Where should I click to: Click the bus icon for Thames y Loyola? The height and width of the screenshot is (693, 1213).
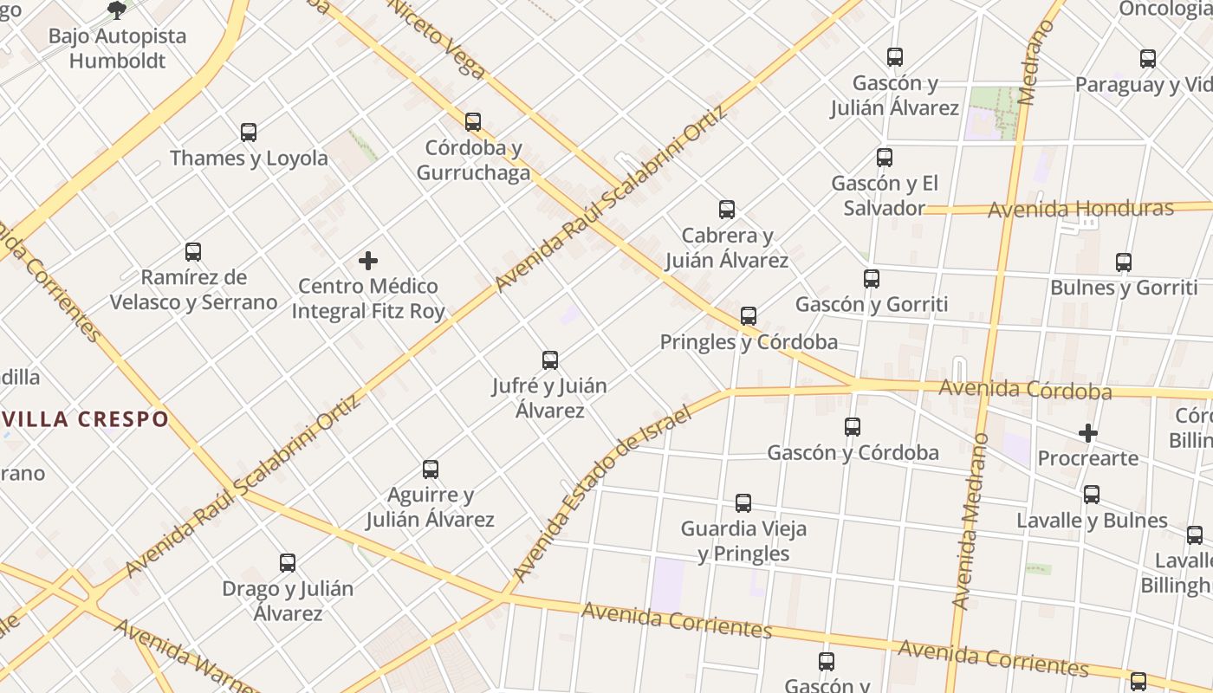point(249,133)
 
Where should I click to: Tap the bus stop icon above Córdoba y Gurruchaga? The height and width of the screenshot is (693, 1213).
point(473,122)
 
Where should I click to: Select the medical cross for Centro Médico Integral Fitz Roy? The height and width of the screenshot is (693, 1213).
point(368,261)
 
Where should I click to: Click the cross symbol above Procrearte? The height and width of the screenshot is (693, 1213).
point(1088,432)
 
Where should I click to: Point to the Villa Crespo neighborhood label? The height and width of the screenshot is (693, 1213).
point(85,419)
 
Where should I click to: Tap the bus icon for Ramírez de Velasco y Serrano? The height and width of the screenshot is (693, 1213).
point(193,252)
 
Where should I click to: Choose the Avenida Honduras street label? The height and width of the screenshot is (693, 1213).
point(1080,209)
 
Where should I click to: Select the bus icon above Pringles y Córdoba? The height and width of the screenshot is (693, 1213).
point(749,316)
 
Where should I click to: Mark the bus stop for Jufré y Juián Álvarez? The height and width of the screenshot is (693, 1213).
point(550,360)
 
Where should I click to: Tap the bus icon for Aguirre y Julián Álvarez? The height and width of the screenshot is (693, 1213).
point(431,470)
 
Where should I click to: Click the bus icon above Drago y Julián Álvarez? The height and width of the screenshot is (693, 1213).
point(288,563)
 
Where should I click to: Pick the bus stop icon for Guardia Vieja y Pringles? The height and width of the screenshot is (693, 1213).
point(743,503)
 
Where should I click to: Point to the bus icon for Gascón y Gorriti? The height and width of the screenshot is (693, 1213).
point(872,279)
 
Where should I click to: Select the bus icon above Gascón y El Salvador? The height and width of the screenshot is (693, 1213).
point(885,158)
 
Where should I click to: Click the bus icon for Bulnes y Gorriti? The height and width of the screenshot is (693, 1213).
point(1124,262)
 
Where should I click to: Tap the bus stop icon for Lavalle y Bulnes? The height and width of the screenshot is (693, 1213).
point(1092,495)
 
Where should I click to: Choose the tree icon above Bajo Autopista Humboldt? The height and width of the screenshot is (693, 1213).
point(117,10)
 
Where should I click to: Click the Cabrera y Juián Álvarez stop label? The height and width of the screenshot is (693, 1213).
point(727,248)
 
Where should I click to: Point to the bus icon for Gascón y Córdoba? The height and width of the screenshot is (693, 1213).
point(853,427)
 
